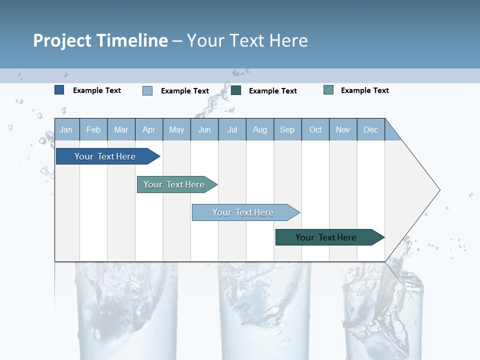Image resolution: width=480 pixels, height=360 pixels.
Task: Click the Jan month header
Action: click(x=66, y=130)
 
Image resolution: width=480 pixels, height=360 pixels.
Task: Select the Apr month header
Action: click(x=149, y=130)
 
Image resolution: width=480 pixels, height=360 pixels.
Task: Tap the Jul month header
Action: click(x=232, y=130)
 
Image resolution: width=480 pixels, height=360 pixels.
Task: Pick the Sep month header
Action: click(x=287, y=130)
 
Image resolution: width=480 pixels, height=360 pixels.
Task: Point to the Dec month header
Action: click(x=370, y=130)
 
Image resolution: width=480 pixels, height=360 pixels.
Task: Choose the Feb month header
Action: click(x=93, y=130)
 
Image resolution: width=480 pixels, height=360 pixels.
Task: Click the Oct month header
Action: click(x=315, y=130)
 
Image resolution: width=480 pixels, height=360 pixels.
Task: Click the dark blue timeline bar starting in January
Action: click(x=105, y=156)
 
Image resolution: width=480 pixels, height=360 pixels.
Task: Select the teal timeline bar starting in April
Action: click(x=174, y=184)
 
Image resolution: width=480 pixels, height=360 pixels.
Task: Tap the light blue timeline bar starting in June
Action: click(x=243, y=212)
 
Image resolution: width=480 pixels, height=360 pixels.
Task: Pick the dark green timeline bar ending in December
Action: click(x=326, y=237)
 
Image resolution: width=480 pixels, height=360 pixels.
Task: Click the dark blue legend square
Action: click(x=59, y=90)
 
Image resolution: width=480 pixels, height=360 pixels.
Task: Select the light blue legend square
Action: click(x=147, y=90)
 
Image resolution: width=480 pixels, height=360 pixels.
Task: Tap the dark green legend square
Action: click(x=236, y=90)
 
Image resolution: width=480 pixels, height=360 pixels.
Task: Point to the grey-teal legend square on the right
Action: click(x=328, y=90)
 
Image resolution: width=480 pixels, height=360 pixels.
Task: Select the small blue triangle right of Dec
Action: click(x=391, y=134)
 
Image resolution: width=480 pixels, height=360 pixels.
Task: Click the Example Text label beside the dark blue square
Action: click(x=97, y=90)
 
